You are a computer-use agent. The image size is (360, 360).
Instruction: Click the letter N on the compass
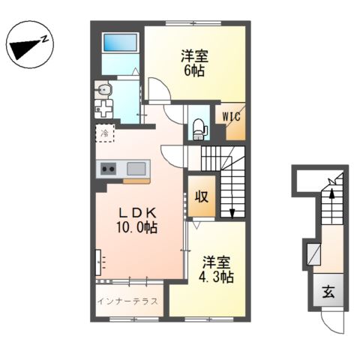coord(44,38)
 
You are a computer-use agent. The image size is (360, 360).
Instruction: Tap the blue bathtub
coord(120,42)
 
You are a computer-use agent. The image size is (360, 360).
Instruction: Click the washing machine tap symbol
coord(103,109)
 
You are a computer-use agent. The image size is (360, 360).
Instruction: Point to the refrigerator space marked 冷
coord(105,133)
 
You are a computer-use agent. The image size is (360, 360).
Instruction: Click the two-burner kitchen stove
coord(108,169)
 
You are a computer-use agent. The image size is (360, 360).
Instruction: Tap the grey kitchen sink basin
coord(136,169)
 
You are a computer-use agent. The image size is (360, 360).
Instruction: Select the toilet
coord(200,129)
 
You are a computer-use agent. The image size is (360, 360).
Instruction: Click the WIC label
coord(231,116)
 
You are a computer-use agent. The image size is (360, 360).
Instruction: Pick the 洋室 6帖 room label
coord(194,63)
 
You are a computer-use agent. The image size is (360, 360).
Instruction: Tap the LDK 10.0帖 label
coord(137,220)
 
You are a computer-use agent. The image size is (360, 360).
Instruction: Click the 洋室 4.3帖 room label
coord(216,269)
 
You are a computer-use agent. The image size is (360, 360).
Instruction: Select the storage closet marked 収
coord(202,196)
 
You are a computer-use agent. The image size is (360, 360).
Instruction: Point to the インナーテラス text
coord(127,301)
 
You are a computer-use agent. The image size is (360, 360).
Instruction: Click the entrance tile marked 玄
coord(328,292)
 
